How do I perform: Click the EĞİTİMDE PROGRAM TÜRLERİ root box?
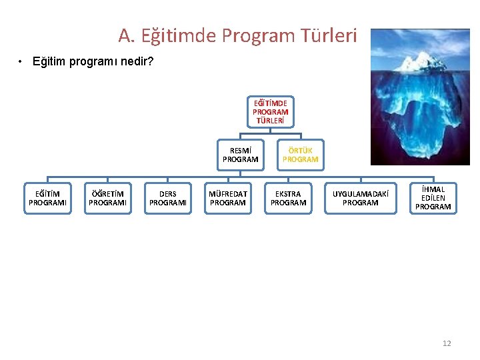270,112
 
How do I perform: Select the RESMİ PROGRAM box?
240,155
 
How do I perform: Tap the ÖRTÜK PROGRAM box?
300,155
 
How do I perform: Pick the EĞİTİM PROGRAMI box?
47,199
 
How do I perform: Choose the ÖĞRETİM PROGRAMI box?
107,199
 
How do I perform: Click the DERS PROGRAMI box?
167,199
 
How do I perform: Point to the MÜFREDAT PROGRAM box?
228,199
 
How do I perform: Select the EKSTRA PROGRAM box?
288,199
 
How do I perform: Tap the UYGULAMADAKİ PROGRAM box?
360,199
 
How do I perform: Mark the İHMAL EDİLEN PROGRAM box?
433,199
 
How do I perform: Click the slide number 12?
447,343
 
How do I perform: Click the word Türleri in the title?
329,35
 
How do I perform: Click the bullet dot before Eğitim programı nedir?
22,62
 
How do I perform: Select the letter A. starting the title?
126,35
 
